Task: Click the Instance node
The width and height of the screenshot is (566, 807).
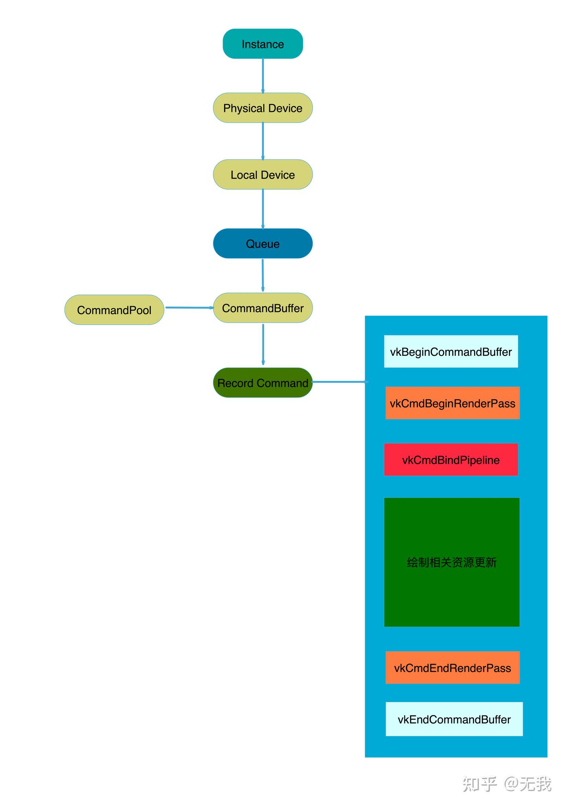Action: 263,44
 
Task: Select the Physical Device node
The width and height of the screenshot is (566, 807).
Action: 263,108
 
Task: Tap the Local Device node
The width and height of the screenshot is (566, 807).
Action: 263,174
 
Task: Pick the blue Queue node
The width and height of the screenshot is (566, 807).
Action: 263,243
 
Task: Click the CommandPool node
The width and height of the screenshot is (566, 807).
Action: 114,310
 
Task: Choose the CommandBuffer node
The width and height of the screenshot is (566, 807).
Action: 263,308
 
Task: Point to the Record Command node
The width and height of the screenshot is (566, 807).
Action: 263,382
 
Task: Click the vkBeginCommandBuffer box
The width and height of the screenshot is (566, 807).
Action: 451,351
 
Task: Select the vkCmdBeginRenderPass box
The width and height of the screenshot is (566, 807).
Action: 452,403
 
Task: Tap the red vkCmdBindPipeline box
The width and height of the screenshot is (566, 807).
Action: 451,459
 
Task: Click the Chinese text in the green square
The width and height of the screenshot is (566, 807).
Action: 452,562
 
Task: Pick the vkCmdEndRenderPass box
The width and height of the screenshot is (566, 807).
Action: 452,668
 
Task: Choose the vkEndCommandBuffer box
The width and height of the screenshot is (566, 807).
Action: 454,719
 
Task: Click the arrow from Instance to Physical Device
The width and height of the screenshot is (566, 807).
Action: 263,76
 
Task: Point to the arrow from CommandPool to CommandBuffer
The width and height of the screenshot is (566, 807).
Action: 189,307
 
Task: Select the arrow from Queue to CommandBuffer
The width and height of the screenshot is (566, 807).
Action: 263,275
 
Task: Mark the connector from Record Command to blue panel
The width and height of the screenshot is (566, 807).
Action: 340,382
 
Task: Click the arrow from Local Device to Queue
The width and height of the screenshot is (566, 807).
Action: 263,209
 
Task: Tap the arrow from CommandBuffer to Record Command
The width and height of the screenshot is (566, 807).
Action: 263,344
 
